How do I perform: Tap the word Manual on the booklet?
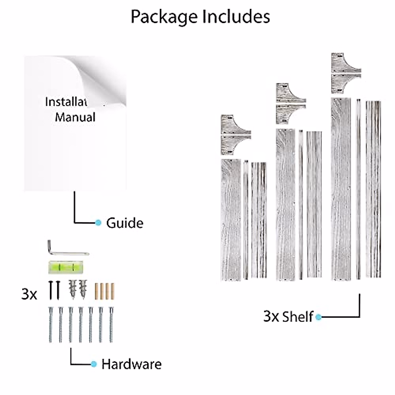pos(75,117)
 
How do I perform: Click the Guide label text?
pos(125,223)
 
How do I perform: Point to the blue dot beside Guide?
pos(98,223)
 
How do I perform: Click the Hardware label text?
pos(131,364)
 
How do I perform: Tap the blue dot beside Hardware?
pos(94,364)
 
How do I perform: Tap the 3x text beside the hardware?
pos(29,294)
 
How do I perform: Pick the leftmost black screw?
pos(51,290)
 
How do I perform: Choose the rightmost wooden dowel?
pos(112,291)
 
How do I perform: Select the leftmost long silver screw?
pos(50,324)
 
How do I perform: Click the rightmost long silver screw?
pos(111,324)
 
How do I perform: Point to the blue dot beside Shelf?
pos(318,317)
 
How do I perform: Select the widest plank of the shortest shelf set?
pos(231,220)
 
